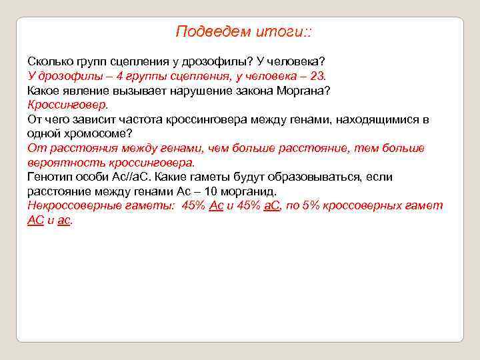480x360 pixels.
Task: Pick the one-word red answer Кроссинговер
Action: click(x=67, y=105)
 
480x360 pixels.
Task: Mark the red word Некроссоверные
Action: click(x=75, y=205)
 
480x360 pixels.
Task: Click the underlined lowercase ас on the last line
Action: click(x=64, y=220)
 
